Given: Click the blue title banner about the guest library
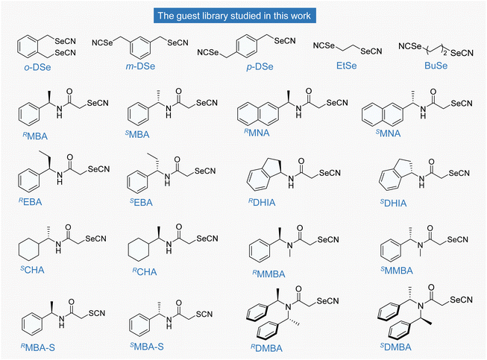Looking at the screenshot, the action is click(x=235, y=16).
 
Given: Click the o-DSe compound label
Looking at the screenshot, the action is click(x=37, y=67).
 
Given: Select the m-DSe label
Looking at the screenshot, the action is click(x=140, y=66).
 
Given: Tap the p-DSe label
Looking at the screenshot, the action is click(x=260, y=67).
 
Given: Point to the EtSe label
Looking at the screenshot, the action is click(x=347, y=66).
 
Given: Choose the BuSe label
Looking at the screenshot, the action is click(x=436, y=66).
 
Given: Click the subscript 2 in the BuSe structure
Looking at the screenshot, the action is click(x=445, y=54).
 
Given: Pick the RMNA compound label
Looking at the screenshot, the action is click(x=257, y=133).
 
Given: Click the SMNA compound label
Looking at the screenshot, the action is click(x=389, y=133).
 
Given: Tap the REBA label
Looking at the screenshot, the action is click(x=30, y=202).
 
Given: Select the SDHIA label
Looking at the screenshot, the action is click(x=393, y=203).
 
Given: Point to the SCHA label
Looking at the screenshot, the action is click(x=32, y=270).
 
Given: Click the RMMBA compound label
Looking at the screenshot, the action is click(x=268, y=274).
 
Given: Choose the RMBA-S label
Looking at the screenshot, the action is click(x=37, y=347).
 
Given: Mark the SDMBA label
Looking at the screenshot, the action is click(x=396, y=347).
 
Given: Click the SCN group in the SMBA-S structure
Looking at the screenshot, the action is click(x=204, y=314).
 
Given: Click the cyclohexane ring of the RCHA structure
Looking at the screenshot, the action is click(x=139, y=249).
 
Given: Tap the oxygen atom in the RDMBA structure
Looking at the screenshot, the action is click(x=298, y=289).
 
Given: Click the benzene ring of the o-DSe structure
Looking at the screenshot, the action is click(x=28, y=46).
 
